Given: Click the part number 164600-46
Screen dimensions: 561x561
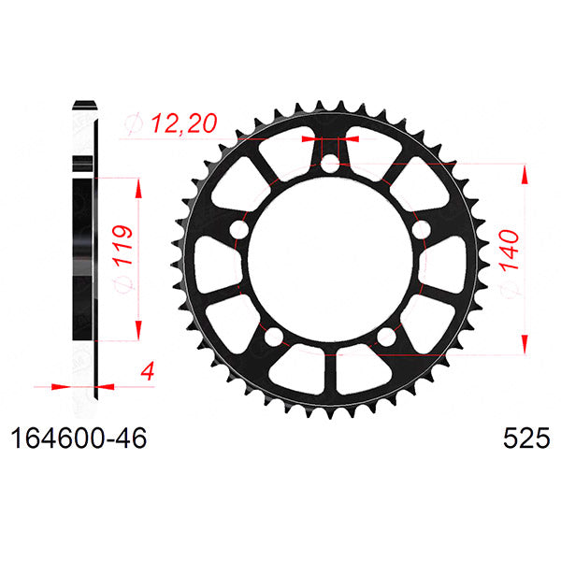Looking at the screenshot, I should [x=79, y=439].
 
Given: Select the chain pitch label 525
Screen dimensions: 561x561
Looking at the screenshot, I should [x=519, y=439].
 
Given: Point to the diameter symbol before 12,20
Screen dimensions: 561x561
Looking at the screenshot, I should [x=130, y=122].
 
